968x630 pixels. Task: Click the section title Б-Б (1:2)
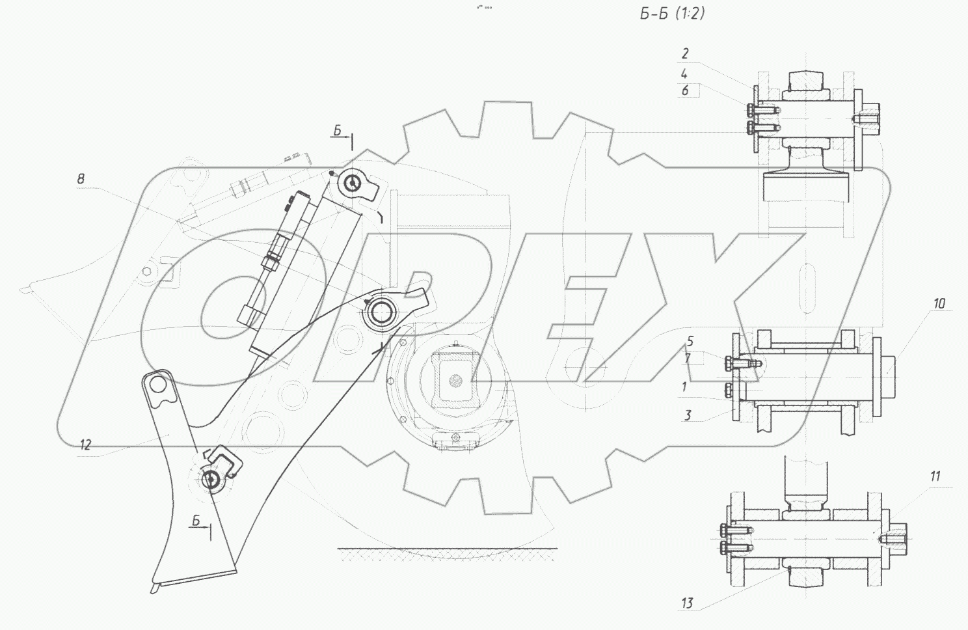tap(672, 13)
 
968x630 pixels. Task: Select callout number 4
tap(684, 74)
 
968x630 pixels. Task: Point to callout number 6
tap(685, 91)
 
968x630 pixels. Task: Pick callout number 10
tap(939, 304)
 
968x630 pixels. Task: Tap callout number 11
tap(935, 477)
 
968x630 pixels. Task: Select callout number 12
tap(85, 445)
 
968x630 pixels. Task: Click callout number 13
tap(688, 603)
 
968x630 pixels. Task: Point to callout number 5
tap(690, 341)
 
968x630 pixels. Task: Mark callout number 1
tap(684, 387)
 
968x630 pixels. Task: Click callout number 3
tap(688, 415)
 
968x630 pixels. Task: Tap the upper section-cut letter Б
tap(338, 131)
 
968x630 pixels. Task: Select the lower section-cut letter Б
tap(196, 519)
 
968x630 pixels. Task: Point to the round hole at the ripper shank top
tap(157, 385)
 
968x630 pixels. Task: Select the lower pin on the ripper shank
tap(212, 480)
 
